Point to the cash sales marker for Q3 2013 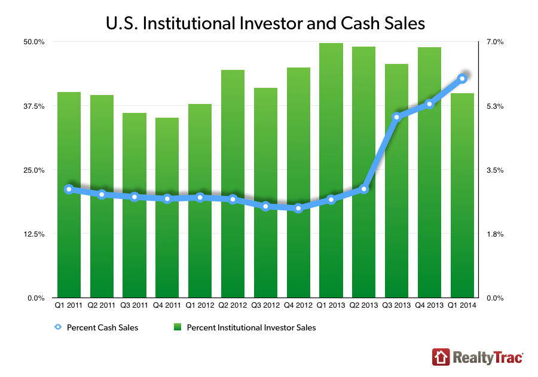pos(396,117)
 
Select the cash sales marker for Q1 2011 pos(69,189)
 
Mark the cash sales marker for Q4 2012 pos(298,208)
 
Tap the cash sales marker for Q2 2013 pos(364,189)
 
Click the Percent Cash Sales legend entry pos(96,327)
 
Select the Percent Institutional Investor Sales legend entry pos(244,327)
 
